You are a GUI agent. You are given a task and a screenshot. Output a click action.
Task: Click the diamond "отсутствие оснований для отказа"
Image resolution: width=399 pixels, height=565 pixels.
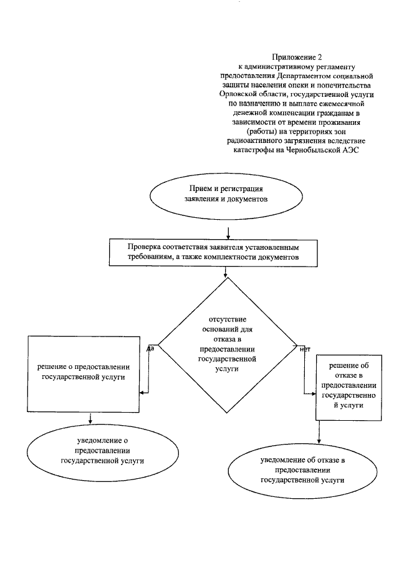tap(227, 344)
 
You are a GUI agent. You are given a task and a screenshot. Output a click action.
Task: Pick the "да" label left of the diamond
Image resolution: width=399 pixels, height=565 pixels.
tap(151, 348)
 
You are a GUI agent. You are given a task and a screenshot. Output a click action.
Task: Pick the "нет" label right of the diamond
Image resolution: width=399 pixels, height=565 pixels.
tap(305, 349)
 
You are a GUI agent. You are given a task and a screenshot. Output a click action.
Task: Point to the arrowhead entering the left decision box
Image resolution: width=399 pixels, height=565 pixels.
tap(142, 393)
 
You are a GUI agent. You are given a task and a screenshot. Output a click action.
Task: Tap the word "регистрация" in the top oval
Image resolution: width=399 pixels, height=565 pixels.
tap(244, 189)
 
